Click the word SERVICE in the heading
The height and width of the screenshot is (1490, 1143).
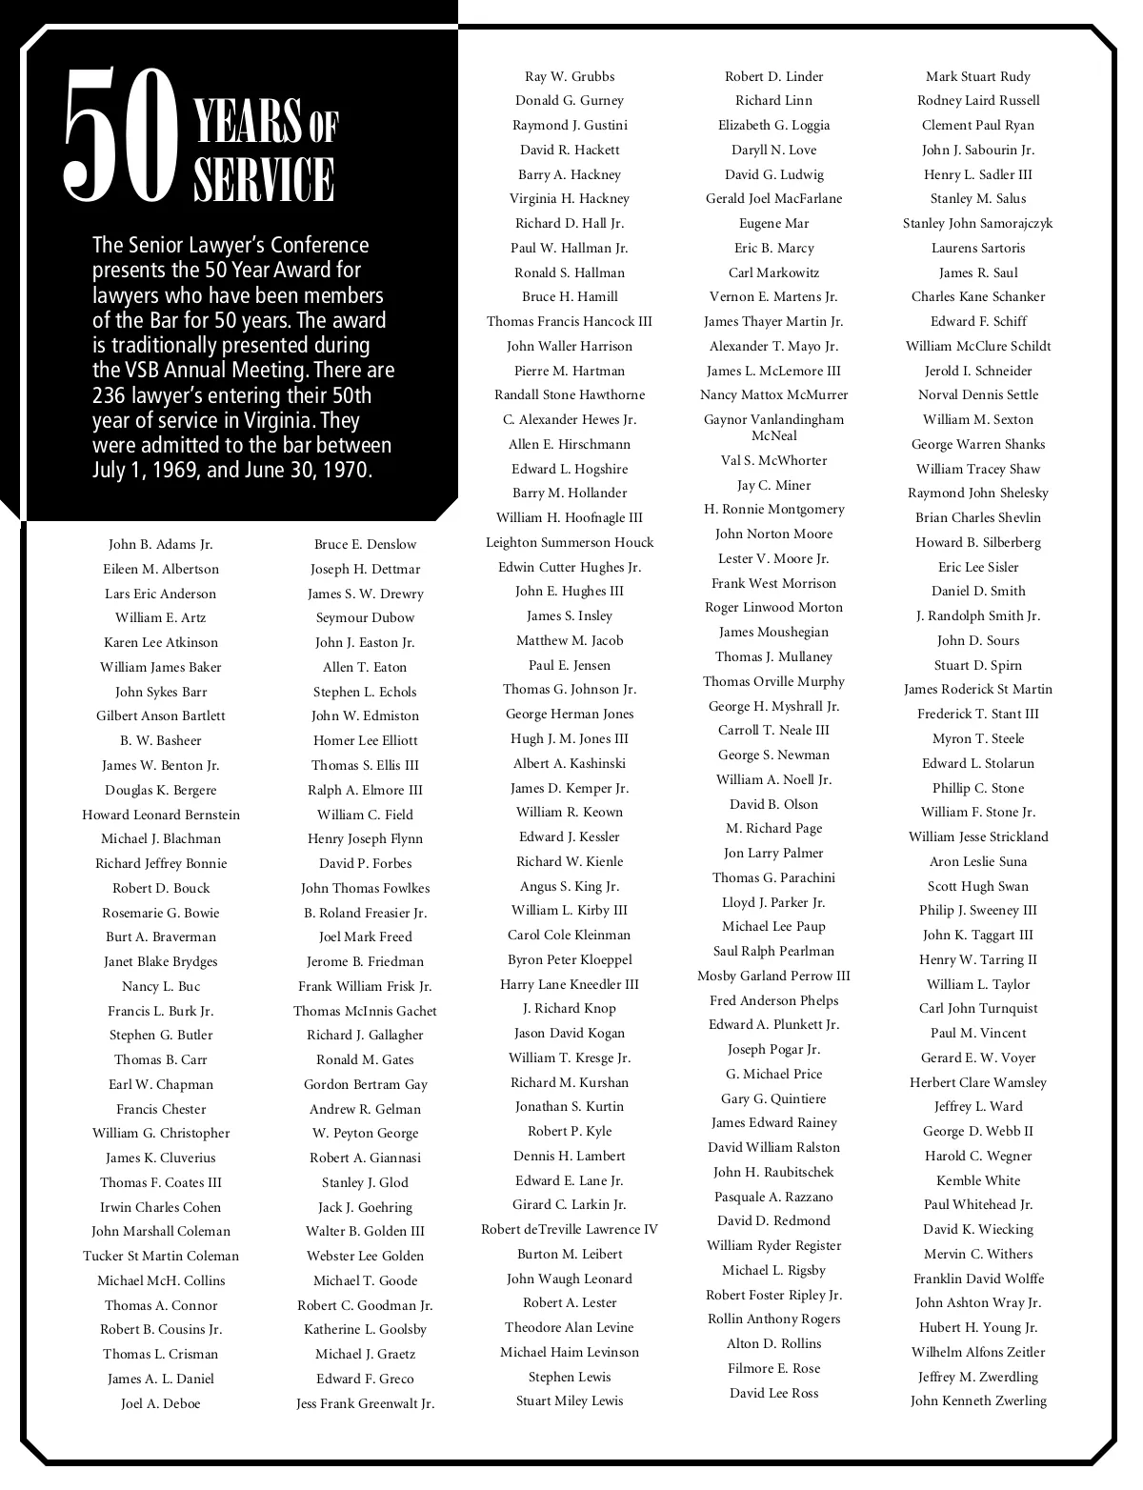tap(264, 179)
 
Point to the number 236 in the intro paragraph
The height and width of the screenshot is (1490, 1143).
tap(112, 395)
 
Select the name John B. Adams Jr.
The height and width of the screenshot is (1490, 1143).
tap(161, 545)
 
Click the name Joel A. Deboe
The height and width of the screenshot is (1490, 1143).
tap(161, 1403)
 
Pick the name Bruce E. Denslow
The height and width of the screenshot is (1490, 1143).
tap(366, 545)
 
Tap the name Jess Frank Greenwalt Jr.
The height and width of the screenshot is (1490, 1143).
tap(366, 1403)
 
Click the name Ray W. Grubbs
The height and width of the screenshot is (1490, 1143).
tap(570, 77)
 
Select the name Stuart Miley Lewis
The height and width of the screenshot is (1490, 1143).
tap(570, 1400)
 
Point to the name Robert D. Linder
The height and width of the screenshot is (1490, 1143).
tap(773, 77)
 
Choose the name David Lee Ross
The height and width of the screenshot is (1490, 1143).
tap(773, 1393)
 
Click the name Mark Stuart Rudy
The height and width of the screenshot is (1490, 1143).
tap(978, 77)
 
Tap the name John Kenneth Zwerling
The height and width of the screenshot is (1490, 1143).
tap(978, 1400)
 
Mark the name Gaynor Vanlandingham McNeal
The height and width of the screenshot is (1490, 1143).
tap(773, 427)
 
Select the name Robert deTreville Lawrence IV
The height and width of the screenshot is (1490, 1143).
tap(570, 1229)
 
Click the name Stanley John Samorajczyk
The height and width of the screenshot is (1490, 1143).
tap(978, 224)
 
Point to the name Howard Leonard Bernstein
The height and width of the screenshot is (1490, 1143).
tap(161, 815)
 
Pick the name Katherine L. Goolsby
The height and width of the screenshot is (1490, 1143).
tap(366, 1329)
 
